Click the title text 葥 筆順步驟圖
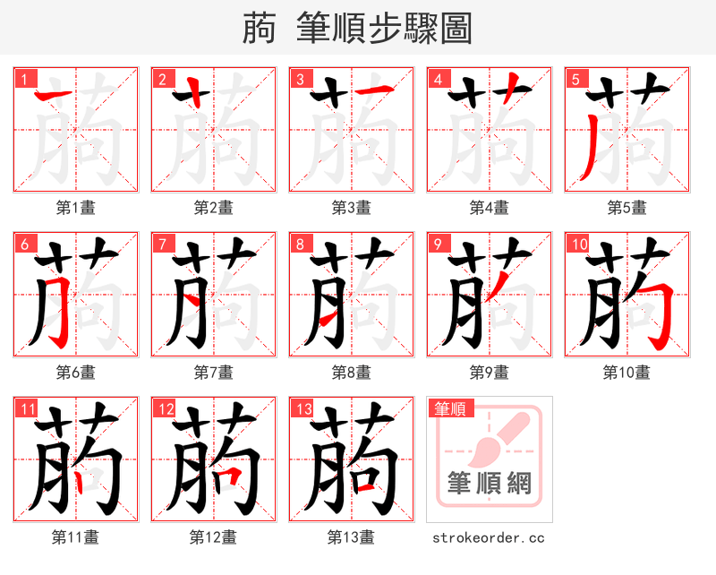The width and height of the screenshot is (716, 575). coord(357,29)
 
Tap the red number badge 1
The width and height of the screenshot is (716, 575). coord(23,79)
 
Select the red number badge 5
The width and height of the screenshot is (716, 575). coord(575,79)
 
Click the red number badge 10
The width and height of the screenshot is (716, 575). coord(577,244)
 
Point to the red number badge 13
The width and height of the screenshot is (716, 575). coord(302,408)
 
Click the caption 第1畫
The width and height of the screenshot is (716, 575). coord(76,208)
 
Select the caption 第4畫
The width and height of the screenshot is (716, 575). coord(490,208)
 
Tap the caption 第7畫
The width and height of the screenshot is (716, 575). coord(214,372)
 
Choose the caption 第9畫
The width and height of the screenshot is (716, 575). coord(490,372)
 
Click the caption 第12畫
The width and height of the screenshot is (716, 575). coord(214,537)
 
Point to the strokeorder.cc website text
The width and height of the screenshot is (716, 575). coord(489,537)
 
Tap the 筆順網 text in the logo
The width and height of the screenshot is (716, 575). coord(490,485)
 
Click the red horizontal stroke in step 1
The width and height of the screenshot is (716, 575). coord(53,94)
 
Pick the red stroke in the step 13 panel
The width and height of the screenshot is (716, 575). coord(363,489)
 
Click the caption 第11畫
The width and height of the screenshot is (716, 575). coord(76,537)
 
